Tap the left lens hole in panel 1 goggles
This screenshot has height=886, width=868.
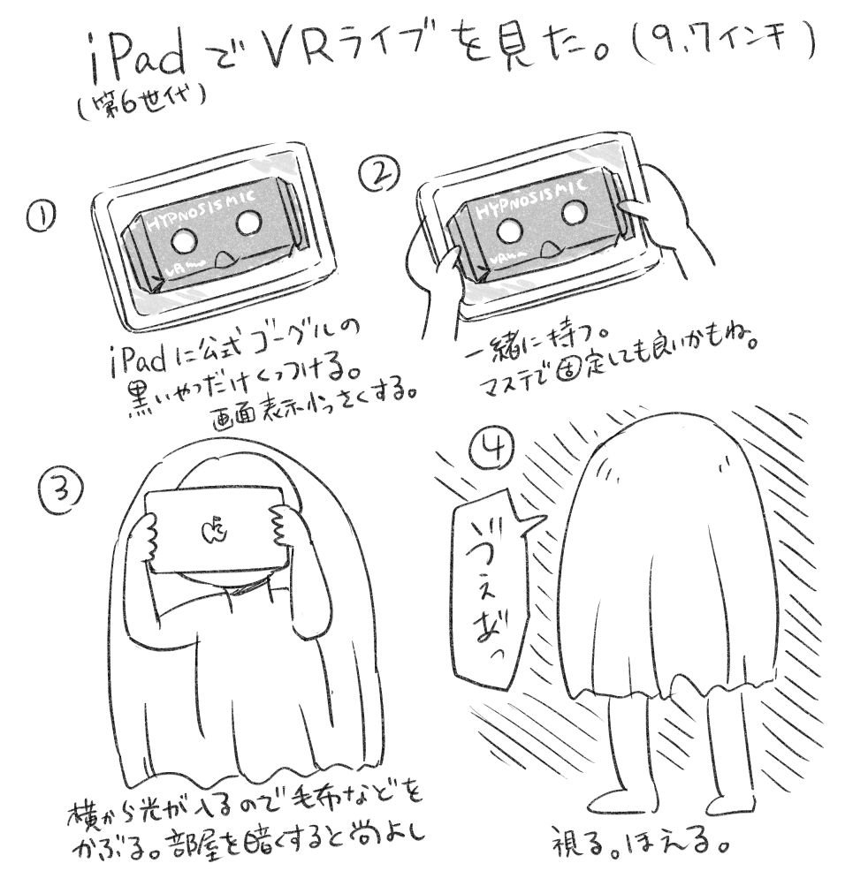tap(184, 241)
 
